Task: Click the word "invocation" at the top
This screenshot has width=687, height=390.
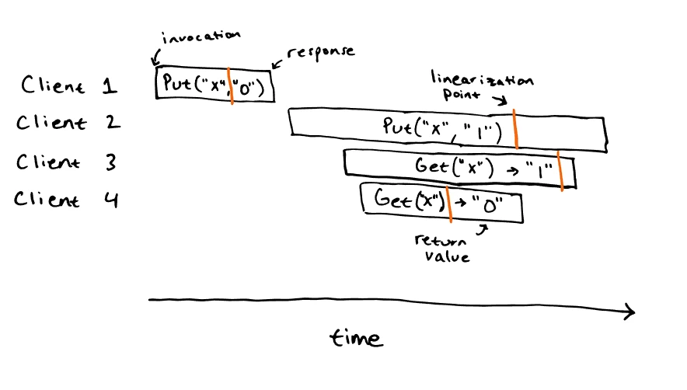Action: (x=201, y=37)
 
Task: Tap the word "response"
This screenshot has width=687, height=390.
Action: (x=321, y=53)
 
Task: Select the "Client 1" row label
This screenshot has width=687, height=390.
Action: (x=69, y=85)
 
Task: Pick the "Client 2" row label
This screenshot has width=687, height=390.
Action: (x=68, y=122)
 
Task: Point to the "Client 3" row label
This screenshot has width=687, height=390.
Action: (x=67, y=162)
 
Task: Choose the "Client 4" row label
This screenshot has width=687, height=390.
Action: (x=66, y=200)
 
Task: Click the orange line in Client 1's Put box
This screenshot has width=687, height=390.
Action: (x=231, y=86)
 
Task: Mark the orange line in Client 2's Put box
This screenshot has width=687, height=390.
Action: (x=516, y=129)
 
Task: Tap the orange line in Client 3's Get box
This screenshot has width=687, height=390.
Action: (x=560, y=171)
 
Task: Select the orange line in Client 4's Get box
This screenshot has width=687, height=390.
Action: (x=448, y=204)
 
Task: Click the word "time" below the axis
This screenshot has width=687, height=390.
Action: (x=356, y=338)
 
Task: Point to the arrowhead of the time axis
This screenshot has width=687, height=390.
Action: (x=634, y=312)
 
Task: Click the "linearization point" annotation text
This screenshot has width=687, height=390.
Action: (x=482, y=86)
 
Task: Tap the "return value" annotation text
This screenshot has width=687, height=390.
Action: (x=441, y=249)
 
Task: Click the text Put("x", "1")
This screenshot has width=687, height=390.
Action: (x=442, y=130)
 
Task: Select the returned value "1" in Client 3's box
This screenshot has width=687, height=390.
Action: (x=540, y=170)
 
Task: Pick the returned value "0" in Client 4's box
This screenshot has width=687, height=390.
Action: (x=487, y=204)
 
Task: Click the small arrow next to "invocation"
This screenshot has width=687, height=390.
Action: (x=155, y=57)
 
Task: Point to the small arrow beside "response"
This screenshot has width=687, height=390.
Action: (x=277, y=64)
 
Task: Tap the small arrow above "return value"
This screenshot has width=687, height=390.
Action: (x=483, y=230)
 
